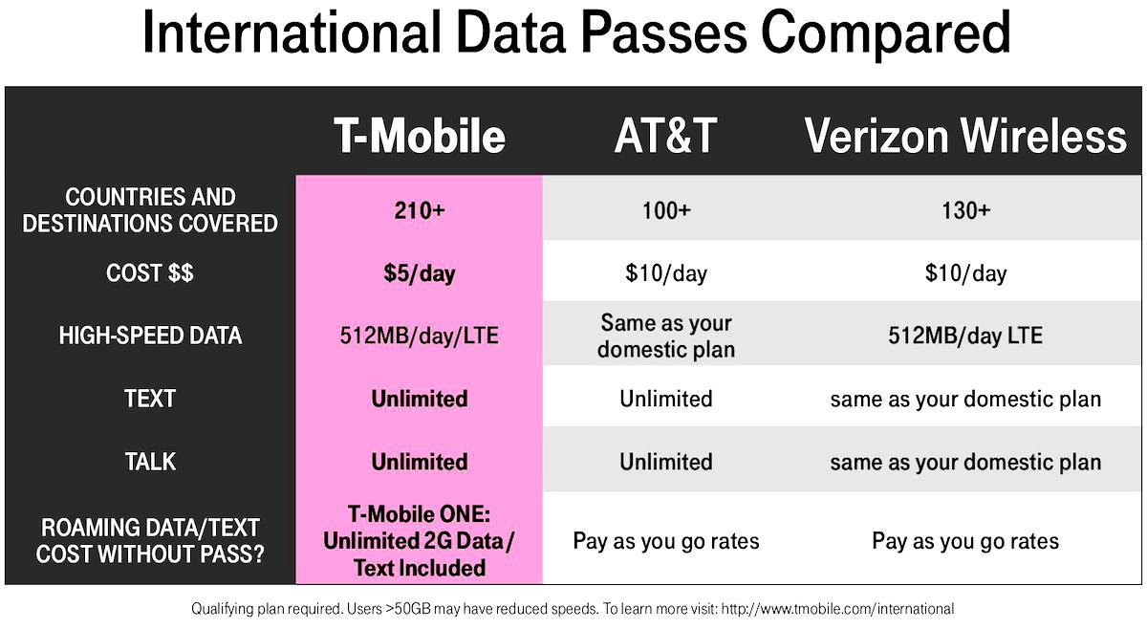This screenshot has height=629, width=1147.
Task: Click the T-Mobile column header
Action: coord(419,136)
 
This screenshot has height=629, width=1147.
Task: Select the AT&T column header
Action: coord(665,136)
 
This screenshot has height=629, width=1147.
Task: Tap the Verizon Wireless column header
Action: coord(965,136)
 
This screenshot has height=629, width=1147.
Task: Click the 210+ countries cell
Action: coord(419,210)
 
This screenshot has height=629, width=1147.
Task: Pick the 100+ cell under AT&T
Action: coord(665,210)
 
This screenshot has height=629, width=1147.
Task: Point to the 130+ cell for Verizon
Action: coord(965,210)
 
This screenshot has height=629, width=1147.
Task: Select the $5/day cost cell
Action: coord(419,273)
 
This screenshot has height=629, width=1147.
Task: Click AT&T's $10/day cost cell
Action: coord(665,273)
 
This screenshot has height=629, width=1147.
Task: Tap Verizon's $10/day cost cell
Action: coord(965,273)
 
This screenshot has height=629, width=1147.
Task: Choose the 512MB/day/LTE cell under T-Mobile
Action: coord(419,336)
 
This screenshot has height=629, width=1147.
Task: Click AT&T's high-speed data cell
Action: coord(665,336)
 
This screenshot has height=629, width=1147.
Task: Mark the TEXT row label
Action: coord(150,399)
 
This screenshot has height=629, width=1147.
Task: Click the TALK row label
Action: coord(150,462)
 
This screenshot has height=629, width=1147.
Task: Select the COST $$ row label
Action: coord(150,273)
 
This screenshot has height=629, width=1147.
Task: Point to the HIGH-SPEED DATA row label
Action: coord(150,336)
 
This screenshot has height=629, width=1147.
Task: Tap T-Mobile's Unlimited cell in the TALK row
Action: coord(419,462)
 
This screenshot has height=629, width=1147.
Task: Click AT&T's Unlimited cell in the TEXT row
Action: coord(665,399)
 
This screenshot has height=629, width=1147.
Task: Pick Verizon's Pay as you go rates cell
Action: coord(965,541)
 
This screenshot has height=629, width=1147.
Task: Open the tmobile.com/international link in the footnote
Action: coord(836,609)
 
